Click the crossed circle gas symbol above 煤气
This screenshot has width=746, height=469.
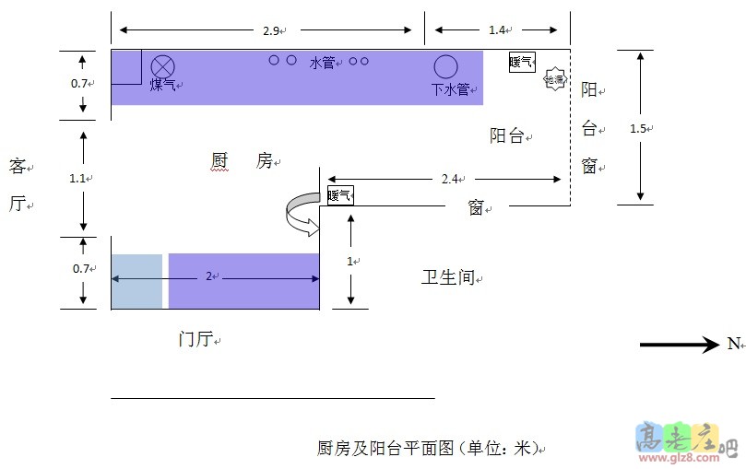(x=163, y=66)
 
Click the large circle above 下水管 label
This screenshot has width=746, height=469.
(x=446, y=66)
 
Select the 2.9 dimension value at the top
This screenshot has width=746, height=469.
(x=270, y=30)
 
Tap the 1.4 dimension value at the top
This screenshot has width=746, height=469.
(x=497, y=30)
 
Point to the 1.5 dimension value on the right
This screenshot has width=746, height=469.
(x=638, y=128)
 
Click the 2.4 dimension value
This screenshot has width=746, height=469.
(x=451, y=178)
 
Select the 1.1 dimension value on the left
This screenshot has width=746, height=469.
(x=78, y=178)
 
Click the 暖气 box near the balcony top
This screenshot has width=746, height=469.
(x=522, y=62)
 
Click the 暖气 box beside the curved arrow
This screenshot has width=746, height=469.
(x=339, y=195)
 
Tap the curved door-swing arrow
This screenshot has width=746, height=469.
(x=301, y=213)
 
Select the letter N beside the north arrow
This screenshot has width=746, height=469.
(x=733, y=344)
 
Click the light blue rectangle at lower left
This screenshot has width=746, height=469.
(x=136, y=281)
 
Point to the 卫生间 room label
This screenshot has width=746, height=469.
(x=449, y=277)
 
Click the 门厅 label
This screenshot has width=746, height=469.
(x=195, y=340)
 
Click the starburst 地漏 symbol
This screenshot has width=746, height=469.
(x=555, y=79)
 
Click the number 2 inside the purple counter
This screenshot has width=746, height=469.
(x=208, y=276)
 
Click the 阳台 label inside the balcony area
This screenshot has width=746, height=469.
(x=508, y=135)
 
